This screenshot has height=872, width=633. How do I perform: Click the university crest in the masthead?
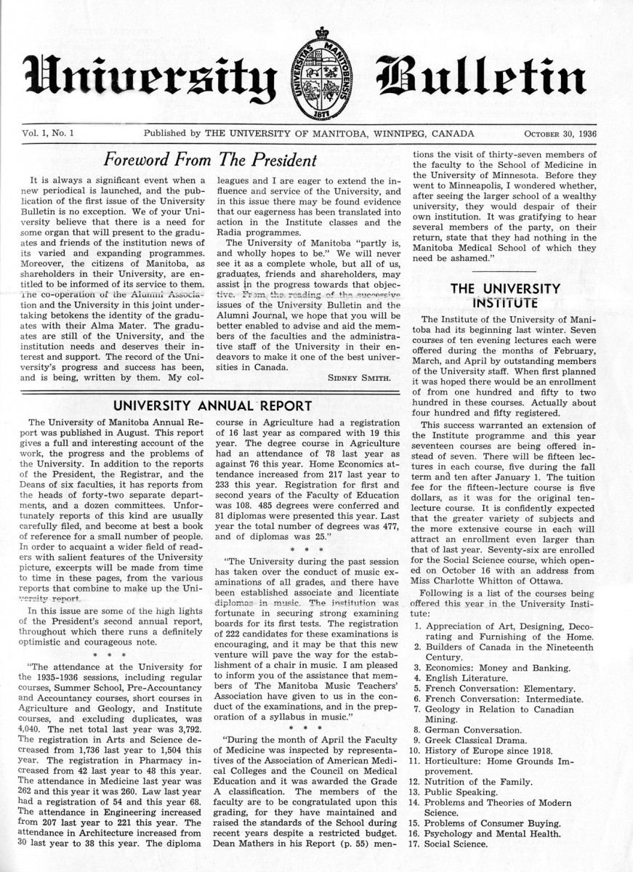(318, 76)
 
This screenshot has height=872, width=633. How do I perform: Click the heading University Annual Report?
(209, 405)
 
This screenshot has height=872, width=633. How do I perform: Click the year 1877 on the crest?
(318, 114)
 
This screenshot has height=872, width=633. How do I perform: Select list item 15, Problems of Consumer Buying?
(501, 823)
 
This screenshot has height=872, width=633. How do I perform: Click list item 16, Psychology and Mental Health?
(503, 833)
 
